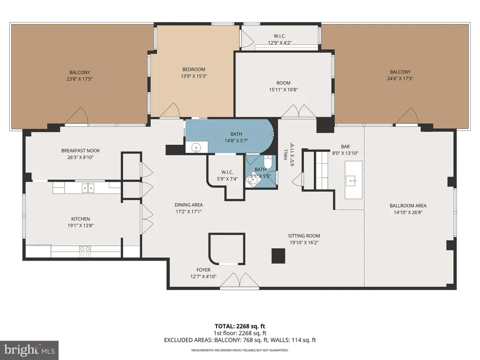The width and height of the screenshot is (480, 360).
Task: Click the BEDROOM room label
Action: [x=194, y=69]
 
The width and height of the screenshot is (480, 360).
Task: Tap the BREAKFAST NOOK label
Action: [x=81, y=150]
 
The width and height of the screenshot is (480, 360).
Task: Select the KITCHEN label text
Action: [x=81, y=219]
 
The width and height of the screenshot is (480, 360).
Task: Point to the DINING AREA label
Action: [x=188, y=205]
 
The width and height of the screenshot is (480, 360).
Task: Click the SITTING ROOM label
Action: [x=304, y=236]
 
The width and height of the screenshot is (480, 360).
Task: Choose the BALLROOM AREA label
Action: [x=408, y=206]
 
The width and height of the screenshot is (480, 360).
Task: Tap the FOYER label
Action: [x=203, y=270]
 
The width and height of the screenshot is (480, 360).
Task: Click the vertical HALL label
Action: [x=285, y=154]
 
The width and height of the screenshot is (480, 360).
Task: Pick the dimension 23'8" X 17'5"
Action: [x=80, y=79]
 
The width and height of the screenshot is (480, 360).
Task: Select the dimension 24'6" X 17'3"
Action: [x=400, y=78]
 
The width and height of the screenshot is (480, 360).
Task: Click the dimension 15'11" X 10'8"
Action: [x=284, y=90]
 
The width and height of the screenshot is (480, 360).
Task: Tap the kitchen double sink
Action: [x=88, y=187]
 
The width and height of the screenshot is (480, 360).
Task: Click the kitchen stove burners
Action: [x=85, y=252]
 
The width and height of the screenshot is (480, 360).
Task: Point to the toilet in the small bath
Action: [x=268, y=162]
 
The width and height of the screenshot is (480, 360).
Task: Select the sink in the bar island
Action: [x=351, y=180]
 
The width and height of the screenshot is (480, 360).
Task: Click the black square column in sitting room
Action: [x=278, y=256]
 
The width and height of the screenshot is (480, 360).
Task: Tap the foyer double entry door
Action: [x=240, y=280]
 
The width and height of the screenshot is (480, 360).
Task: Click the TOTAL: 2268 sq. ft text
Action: [x=240, y=326]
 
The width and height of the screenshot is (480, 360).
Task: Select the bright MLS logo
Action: [x=30, y=350]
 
